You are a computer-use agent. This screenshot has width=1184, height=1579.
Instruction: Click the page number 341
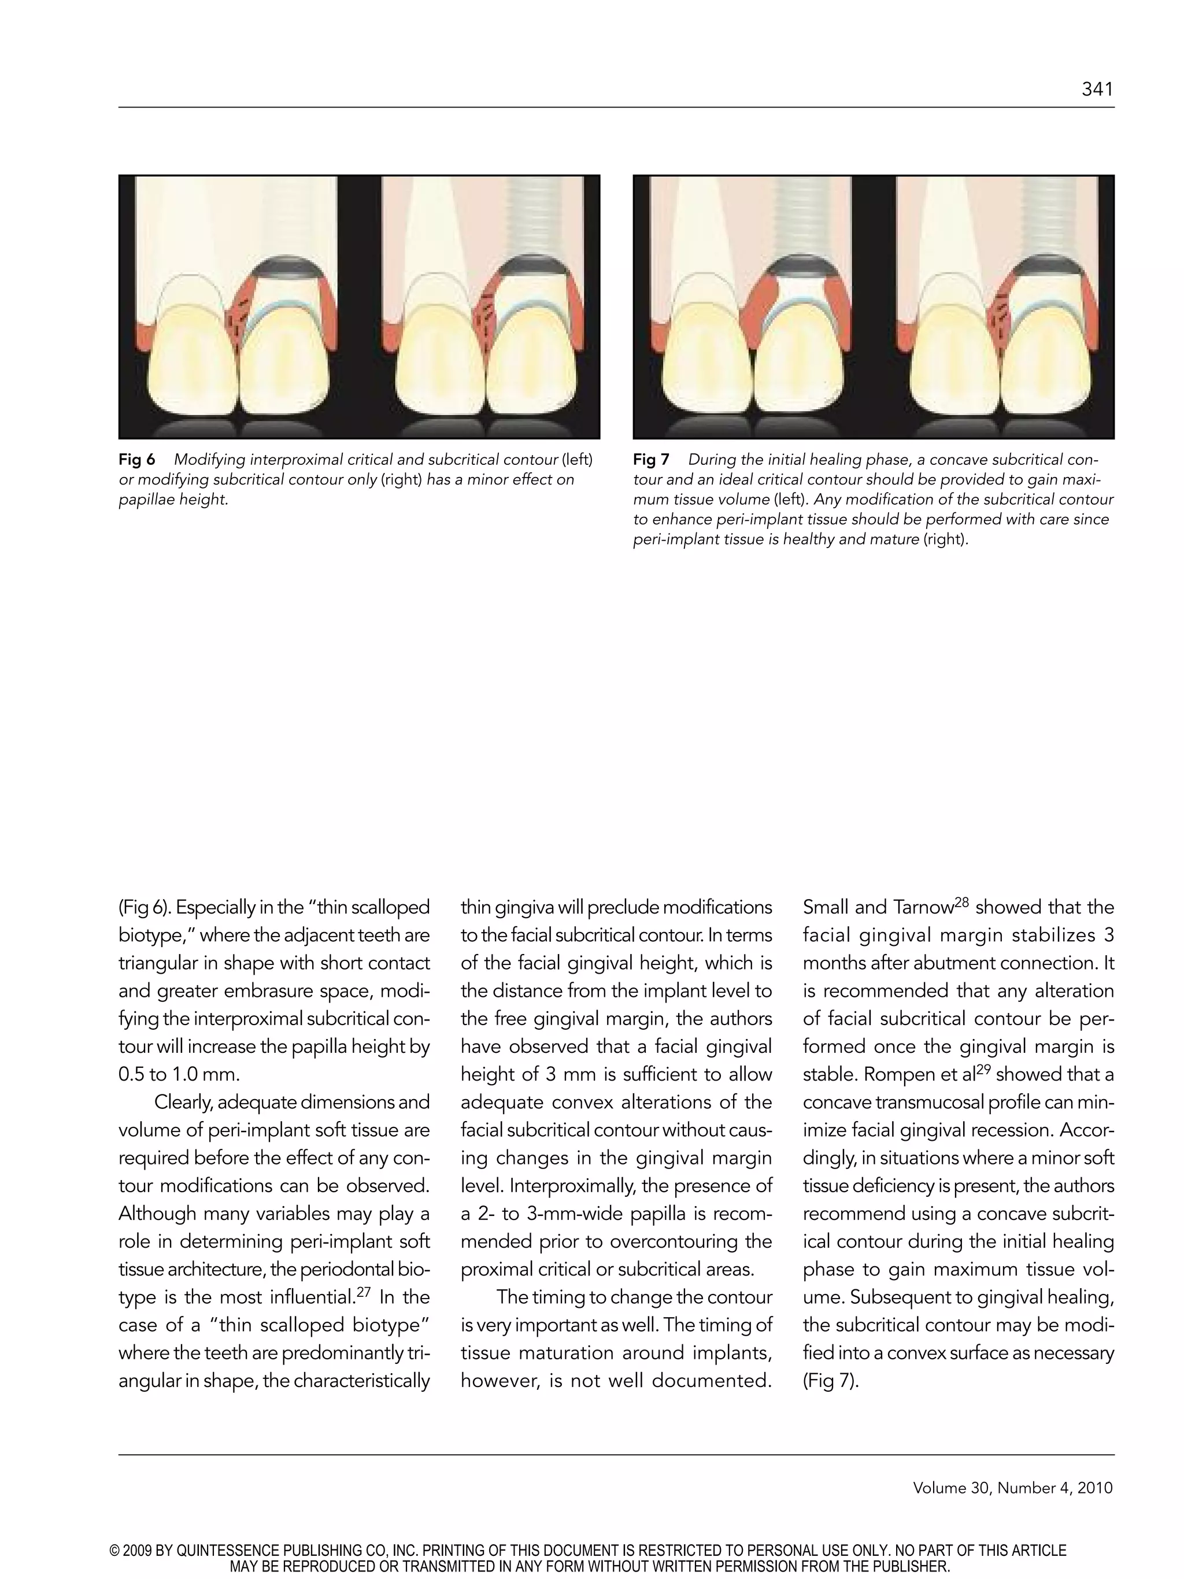click(1097, 89)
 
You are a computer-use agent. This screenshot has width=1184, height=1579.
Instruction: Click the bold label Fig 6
click(137, 460)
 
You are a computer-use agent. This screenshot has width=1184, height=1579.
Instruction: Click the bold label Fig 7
click(651, 460)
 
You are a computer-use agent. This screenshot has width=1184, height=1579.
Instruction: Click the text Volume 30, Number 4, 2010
click(1012, 1488)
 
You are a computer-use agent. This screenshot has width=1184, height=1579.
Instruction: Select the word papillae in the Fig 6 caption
click(145, 500)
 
